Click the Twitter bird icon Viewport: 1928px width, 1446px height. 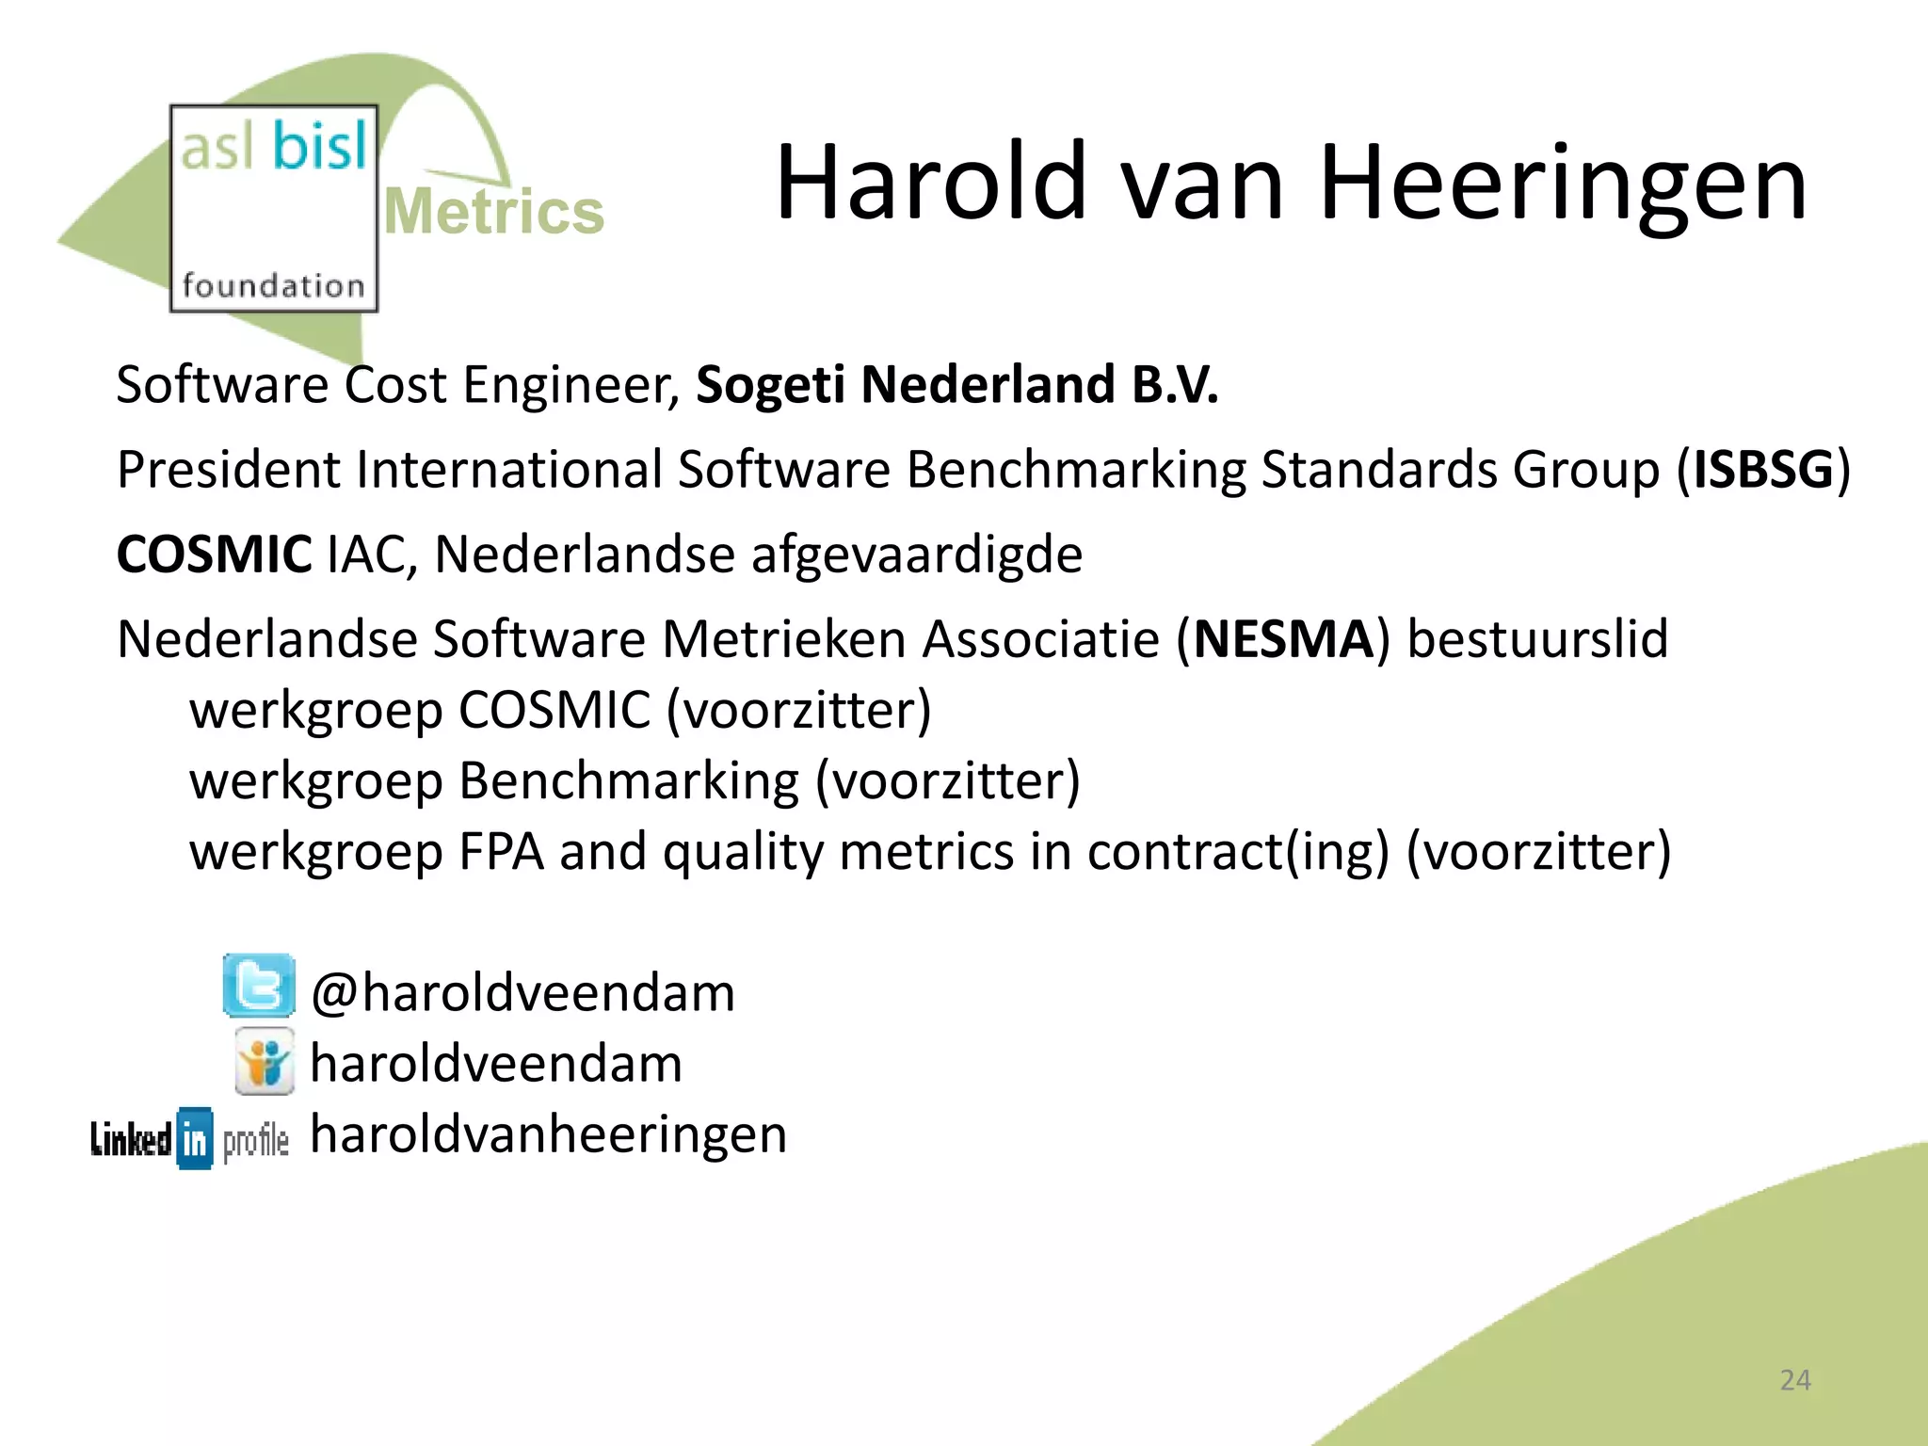(258, 986)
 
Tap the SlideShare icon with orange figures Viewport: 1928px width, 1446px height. (264, 1062)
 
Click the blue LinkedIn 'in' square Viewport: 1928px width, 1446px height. (195, 1139)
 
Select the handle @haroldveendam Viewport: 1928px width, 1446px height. (522, 993)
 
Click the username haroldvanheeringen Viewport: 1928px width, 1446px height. (548, 1134)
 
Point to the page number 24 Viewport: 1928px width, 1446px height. (1794, 1380)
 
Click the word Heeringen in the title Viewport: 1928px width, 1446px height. (1562, 183)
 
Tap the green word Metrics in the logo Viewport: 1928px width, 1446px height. (494, 212)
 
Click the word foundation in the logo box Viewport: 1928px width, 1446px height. (273, 285)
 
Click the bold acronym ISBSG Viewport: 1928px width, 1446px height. (1763, 469)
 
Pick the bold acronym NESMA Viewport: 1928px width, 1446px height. (1283, 639)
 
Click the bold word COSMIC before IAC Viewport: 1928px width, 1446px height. (214, 554)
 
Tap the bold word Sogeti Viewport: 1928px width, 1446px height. (770, 385)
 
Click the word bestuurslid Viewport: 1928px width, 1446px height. (1536, 639)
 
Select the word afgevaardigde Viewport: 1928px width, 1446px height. (916, 554)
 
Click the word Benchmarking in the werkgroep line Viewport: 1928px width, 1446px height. (628, 781)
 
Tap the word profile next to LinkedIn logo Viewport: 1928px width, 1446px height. (256, 1141)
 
